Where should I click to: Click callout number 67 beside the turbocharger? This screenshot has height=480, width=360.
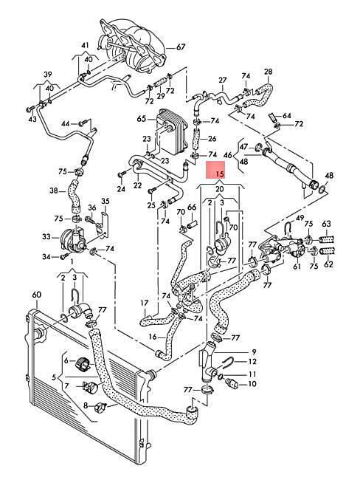point(181,47)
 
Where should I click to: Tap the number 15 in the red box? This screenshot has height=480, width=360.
point(220,174)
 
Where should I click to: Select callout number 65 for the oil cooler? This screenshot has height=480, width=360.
point(142,118)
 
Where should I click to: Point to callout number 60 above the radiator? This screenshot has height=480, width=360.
point(37,295)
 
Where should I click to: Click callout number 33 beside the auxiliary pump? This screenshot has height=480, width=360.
point(46,236)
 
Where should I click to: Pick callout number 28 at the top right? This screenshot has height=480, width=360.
point(268,72)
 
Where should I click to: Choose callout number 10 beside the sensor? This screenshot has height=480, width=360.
point(252,383)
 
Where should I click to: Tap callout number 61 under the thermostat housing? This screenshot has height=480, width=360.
point(297,267)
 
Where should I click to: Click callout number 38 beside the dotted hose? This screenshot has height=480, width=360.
point(54,191)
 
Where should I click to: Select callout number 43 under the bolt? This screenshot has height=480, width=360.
point(32,119)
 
